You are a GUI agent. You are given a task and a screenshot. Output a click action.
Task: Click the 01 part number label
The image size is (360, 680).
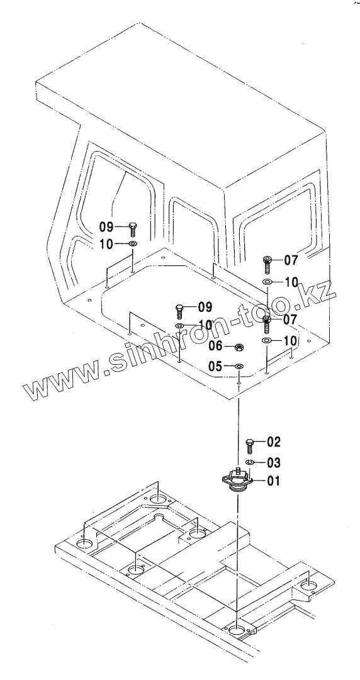(x=273, y=481)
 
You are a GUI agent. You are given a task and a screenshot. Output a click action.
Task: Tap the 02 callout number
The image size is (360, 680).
(x=274, y=442)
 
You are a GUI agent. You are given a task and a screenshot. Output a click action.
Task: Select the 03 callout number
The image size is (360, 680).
(x=274, y=463)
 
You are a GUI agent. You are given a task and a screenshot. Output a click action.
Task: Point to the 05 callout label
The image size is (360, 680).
(x=215, y=367)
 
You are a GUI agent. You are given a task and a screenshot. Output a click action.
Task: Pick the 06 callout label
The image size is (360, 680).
(x=215, y=346)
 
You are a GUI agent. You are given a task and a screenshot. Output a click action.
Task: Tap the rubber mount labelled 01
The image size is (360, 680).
(x=237, y=481)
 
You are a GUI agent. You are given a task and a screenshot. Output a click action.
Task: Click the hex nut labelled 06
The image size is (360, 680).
(x=239, y=347)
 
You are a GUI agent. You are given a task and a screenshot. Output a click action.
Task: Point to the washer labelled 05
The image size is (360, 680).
(x=239, y=367)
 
